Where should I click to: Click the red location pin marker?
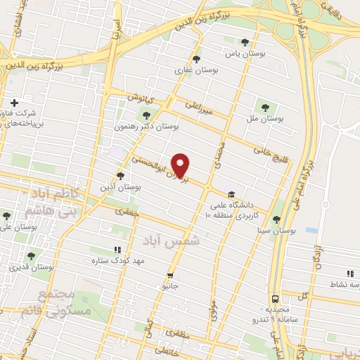[181, 165]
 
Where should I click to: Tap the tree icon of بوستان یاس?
[244, 42]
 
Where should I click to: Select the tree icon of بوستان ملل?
[264, 108]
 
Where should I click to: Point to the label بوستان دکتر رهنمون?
[147, 127]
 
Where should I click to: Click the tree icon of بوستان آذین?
[120, 176]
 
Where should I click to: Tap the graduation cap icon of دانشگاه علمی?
[231, 195]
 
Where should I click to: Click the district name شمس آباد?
[172, 240]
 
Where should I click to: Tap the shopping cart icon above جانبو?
[169, 276]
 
